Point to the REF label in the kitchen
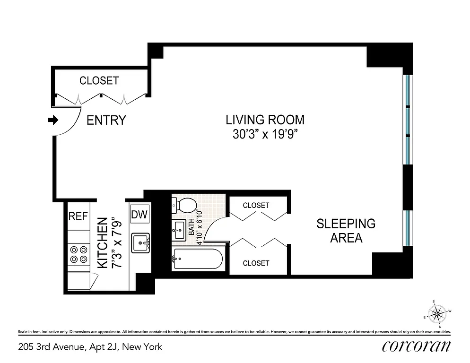pos(78,216)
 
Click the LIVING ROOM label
pos(265,120)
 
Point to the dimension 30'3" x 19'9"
pos(265,135)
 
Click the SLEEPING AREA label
pos(346,230)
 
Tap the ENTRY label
pos(106,121)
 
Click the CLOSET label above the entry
pos(99,81)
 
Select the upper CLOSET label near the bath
pos(256,205)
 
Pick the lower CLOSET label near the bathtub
pos(256,263)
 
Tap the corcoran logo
pos(416,346)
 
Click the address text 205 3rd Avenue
pos(89,347)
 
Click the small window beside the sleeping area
pos(408,228)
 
